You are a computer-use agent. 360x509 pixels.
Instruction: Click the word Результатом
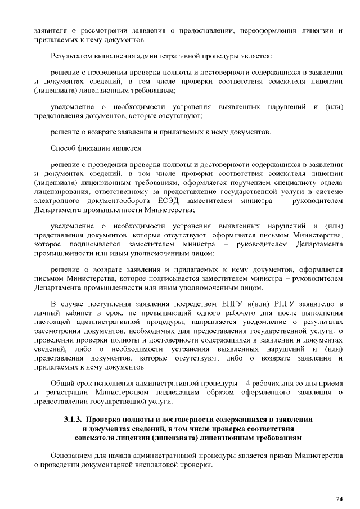click(73, 56)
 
